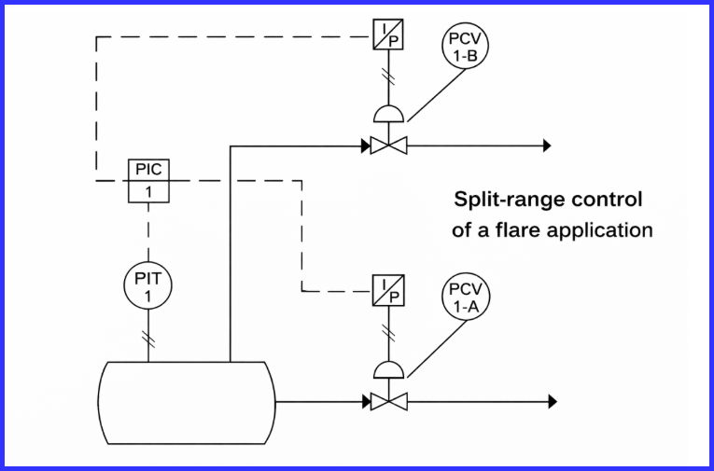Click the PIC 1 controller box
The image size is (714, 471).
point(147,181)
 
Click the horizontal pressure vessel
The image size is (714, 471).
point(187,402)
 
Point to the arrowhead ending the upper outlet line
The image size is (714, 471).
point(547,145)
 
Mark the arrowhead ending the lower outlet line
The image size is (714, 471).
point(552,402)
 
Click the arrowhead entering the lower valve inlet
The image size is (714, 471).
point(365,402)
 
